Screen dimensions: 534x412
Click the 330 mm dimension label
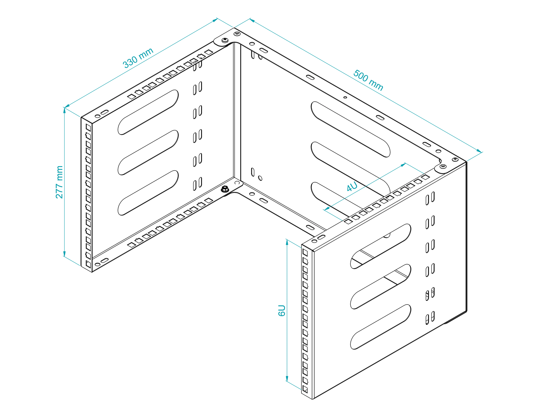coord(138,58)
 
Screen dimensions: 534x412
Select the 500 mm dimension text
coord(368,80)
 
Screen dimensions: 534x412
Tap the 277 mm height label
coord(59,182)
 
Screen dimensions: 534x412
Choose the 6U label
coord(281,310)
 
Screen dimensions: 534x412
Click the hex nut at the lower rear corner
coord(225,189)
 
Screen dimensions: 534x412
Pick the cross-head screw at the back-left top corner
coord(225,41)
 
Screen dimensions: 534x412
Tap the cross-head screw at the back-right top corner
coord(455,159)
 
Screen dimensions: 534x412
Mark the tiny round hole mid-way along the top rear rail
coord(345,97)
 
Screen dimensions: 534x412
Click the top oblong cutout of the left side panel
coord(148,112)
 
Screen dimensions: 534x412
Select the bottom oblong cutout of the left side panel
coord(148,193)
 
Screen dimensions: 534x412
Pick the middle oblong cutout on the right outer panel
coord(380,286)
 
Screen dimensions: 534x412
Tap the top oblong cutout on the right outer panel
coord(380,246)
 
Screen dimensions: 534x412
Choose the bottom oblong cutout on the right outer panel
coord(380,327)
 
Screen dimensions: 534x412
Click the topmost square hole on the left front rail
coord(88,127)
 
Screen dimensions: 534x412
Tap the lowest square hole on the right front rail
coord(305,389)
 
